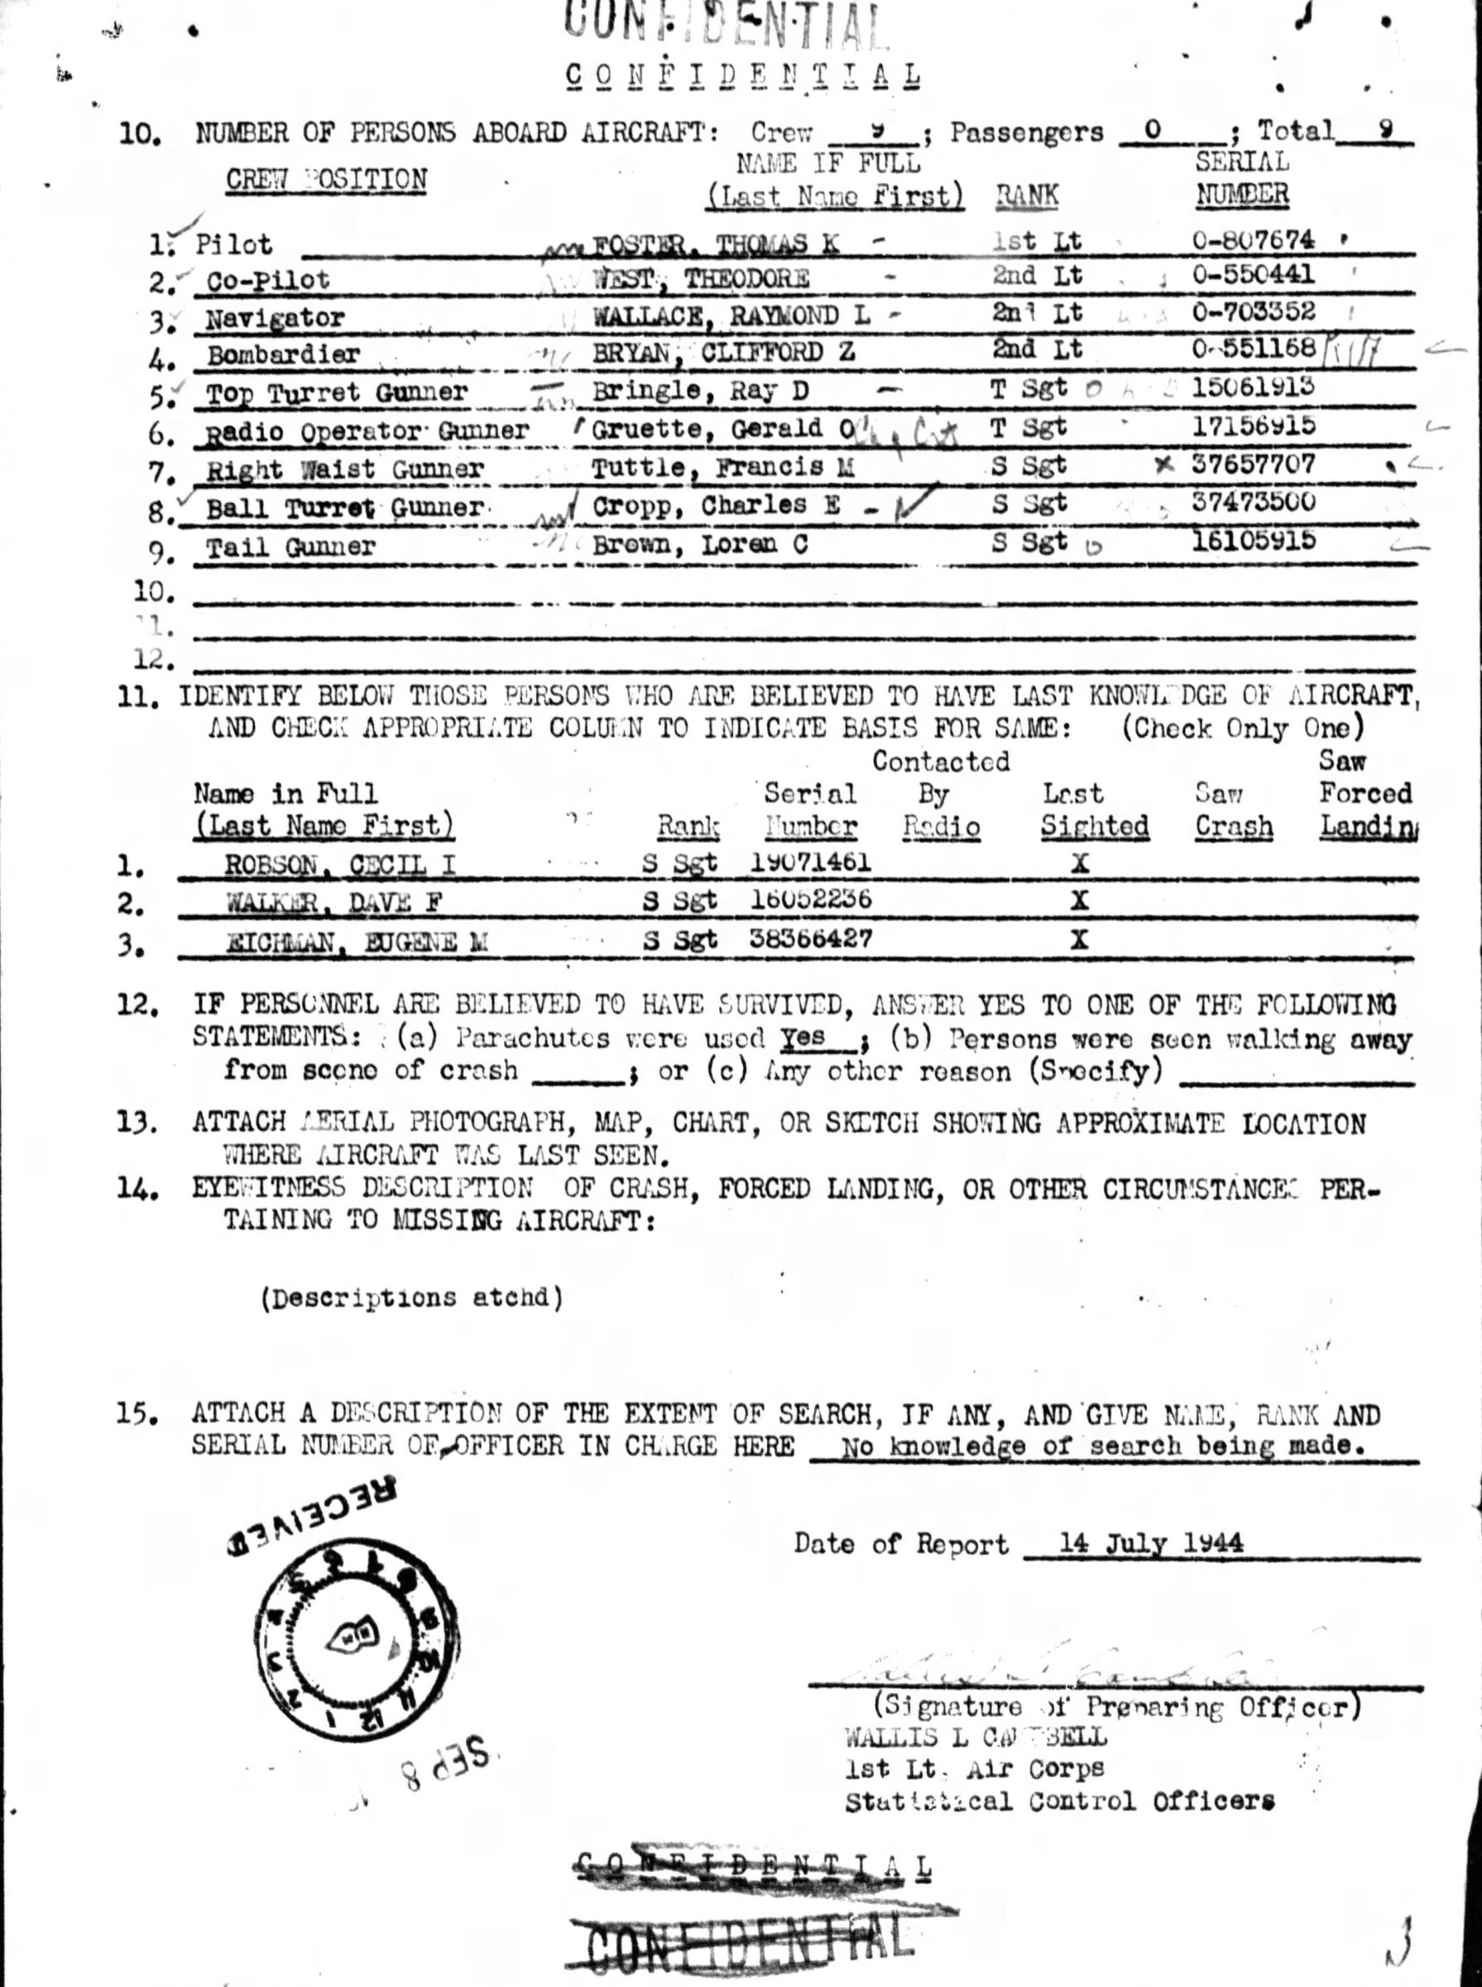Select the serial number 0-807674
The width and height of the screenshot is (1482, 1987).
click(1254, 241)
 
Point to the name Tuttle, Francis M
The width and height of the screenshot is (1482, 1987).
click(722, 468)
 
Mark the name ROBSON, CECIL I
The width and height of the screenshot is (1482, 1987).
click(340, 864)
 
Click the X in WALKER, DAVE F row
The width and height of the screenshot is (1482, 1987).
click(1080, 900)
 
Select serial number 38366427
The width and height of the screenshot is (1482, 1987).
click(810, 939)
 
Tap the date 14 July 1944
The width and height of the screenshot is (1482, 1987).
click(1151, 1543)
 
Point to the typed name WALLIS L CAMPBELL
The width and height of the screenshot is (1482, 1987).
click(976, 1737)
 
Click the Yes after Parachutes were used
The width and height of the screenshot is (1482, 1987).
click(802, 1037)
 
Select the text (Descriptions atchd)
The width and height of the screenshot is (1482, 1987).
click(413, 1297)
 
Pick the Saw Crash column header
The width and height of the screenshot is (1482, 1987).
click(1233, 810)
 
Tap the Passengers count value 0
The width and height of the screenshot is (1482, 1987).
click(1153, 131)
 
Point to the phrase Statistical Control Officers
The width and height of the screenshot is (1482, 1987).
click(1059, 1802)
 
